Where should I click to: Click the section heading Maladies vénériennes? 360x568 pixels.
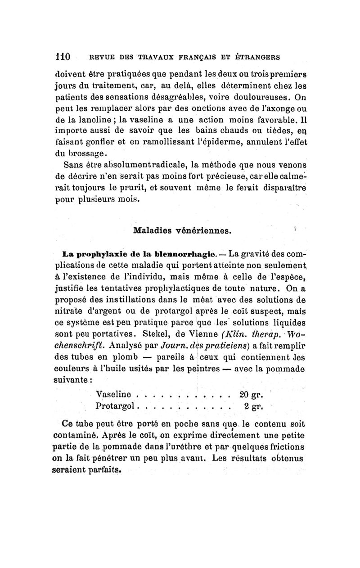(183, 231)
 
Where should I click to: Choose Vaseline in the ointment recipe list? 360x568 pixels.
(114, 394)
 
